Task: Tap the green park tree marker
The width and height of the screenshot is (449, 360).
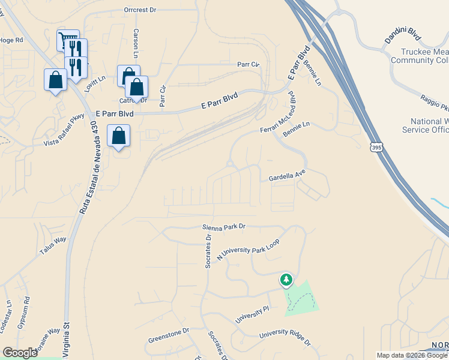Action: pyautogui.click(x=286, y=280)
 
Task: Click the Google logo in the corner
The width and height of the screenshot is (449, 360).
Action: pyautogui.click(x=20, y=353)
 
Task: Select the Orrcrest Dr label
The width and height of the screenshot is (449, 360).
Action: pyautogui.click(x=140, y=10)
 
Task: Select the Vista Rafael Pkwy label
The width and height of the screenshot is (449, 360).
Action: pyautogui.click(x=64, y=131)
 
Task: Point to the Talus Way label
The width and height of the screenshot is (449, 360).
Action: pyautogui.click(x=53, y=247)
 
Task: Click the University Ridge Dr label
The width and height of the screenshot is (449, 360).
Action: pyautogui.click(x=285, y=339)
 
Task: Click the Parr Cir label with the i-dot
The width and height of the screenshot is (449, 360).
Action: pyautogui.click(x=248, y=64)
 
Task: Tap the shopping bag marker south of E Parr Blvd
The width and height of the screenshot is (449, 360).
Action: pyautogui.click(x=119, y=136)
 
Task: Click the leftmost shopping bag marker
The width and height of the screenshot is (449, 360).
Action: pyautogui.click(x=55, y=80)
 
